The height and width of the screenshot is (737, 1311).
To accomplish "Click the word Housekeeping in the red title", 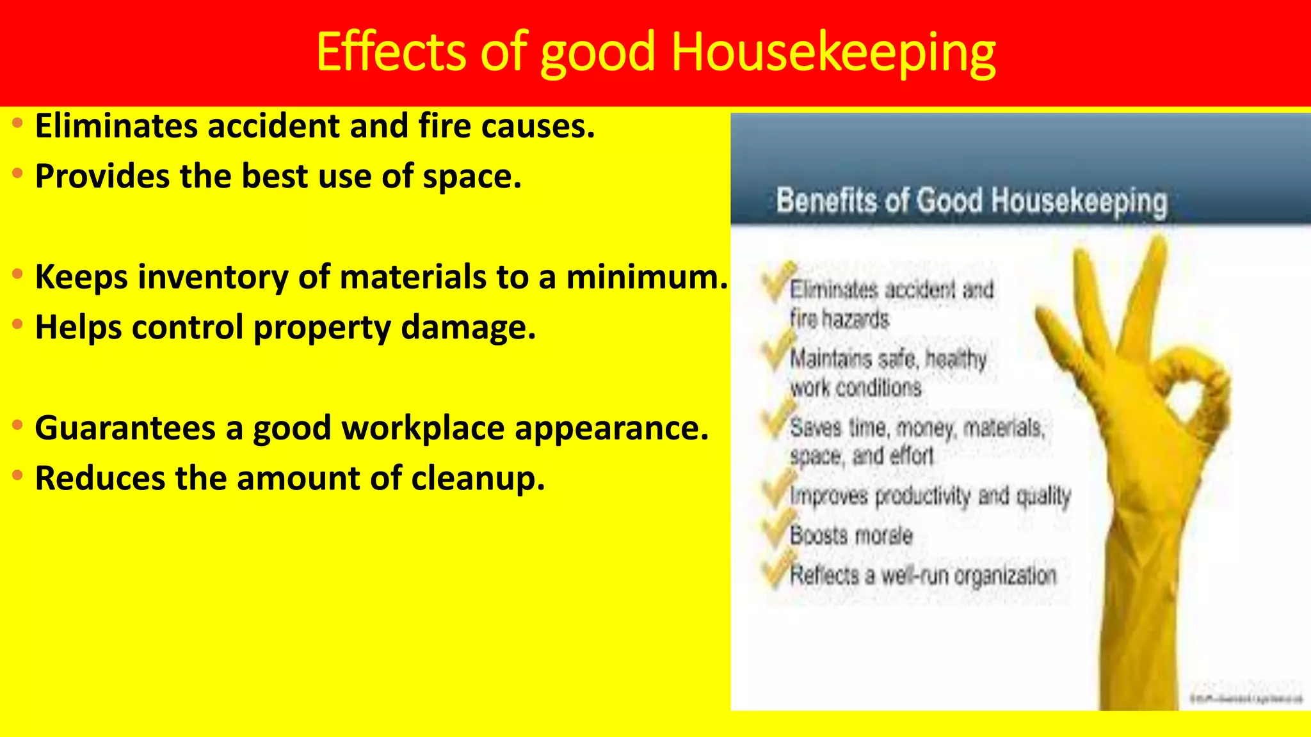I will (833, 52).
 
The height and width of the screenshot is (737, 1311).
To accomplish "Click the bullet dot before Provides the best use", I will (18, 173).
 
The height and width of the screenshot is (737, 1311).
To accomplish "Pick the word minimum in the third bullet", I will (647, 277).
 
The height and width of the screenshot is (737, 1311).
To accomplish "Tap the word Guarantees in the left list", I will (125, 428).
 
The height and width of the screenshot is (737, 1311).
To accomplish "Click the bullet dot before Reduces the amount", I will (18, 475).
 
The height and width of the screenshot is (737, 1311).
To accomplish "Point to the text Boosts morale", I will (851, 535).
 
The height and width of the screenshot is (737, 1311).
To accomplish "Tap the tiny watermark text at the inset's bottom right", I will (1245, 699).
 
